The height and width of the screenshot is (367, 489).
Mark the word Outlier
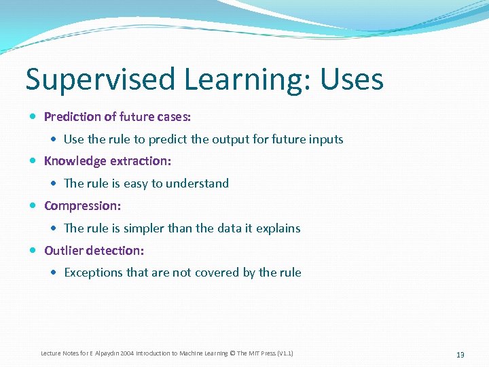[x=62, y=251]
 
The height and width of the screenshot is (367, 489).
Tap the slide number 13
[x=460, y=355]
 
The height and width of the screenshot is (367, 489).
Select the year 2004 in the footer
[x=125, y=353]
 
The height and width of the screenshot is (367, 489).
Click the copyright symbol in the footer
[x=232, y=353]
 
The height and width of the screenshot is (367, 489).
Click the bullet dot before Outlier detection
[x=34, y=251]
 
